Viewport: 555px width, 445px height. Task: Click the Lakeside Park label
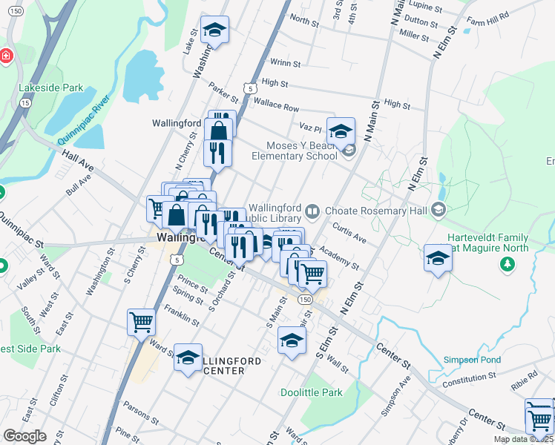pos(51,88)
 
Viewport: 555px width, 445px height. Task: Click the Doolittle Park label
pos(312,392)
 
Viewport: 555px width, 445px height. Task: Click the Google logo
pos(24,436)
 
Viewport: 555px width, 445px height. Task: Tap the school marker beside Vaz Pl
pos(341,132)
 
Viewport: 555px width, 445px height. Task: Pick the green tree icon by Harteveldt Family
pos(508,263)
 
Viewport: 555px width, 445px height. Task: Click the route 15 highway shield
pos(26,103)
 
